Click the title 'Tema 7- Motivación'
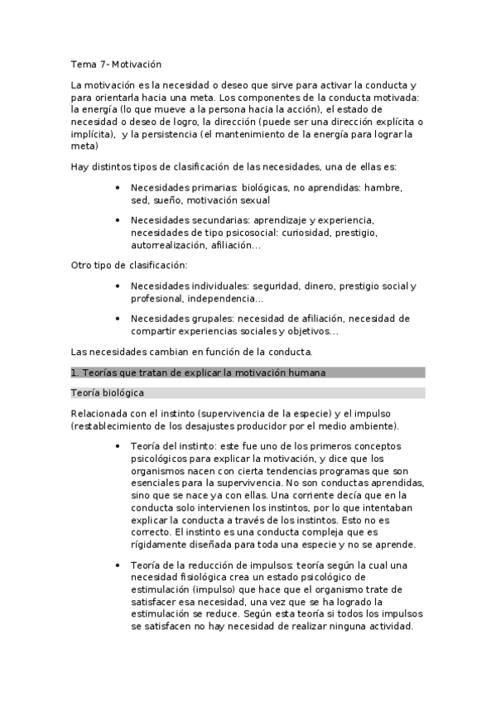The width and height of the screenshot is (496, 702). point(115,63)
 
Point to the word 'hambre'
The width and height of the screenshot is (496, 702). point(383,188)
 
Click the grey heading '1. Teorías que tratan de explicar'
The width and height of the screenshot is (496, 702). point(199,373)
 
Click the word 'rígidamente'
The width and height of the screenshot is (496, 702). point(161,545)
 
